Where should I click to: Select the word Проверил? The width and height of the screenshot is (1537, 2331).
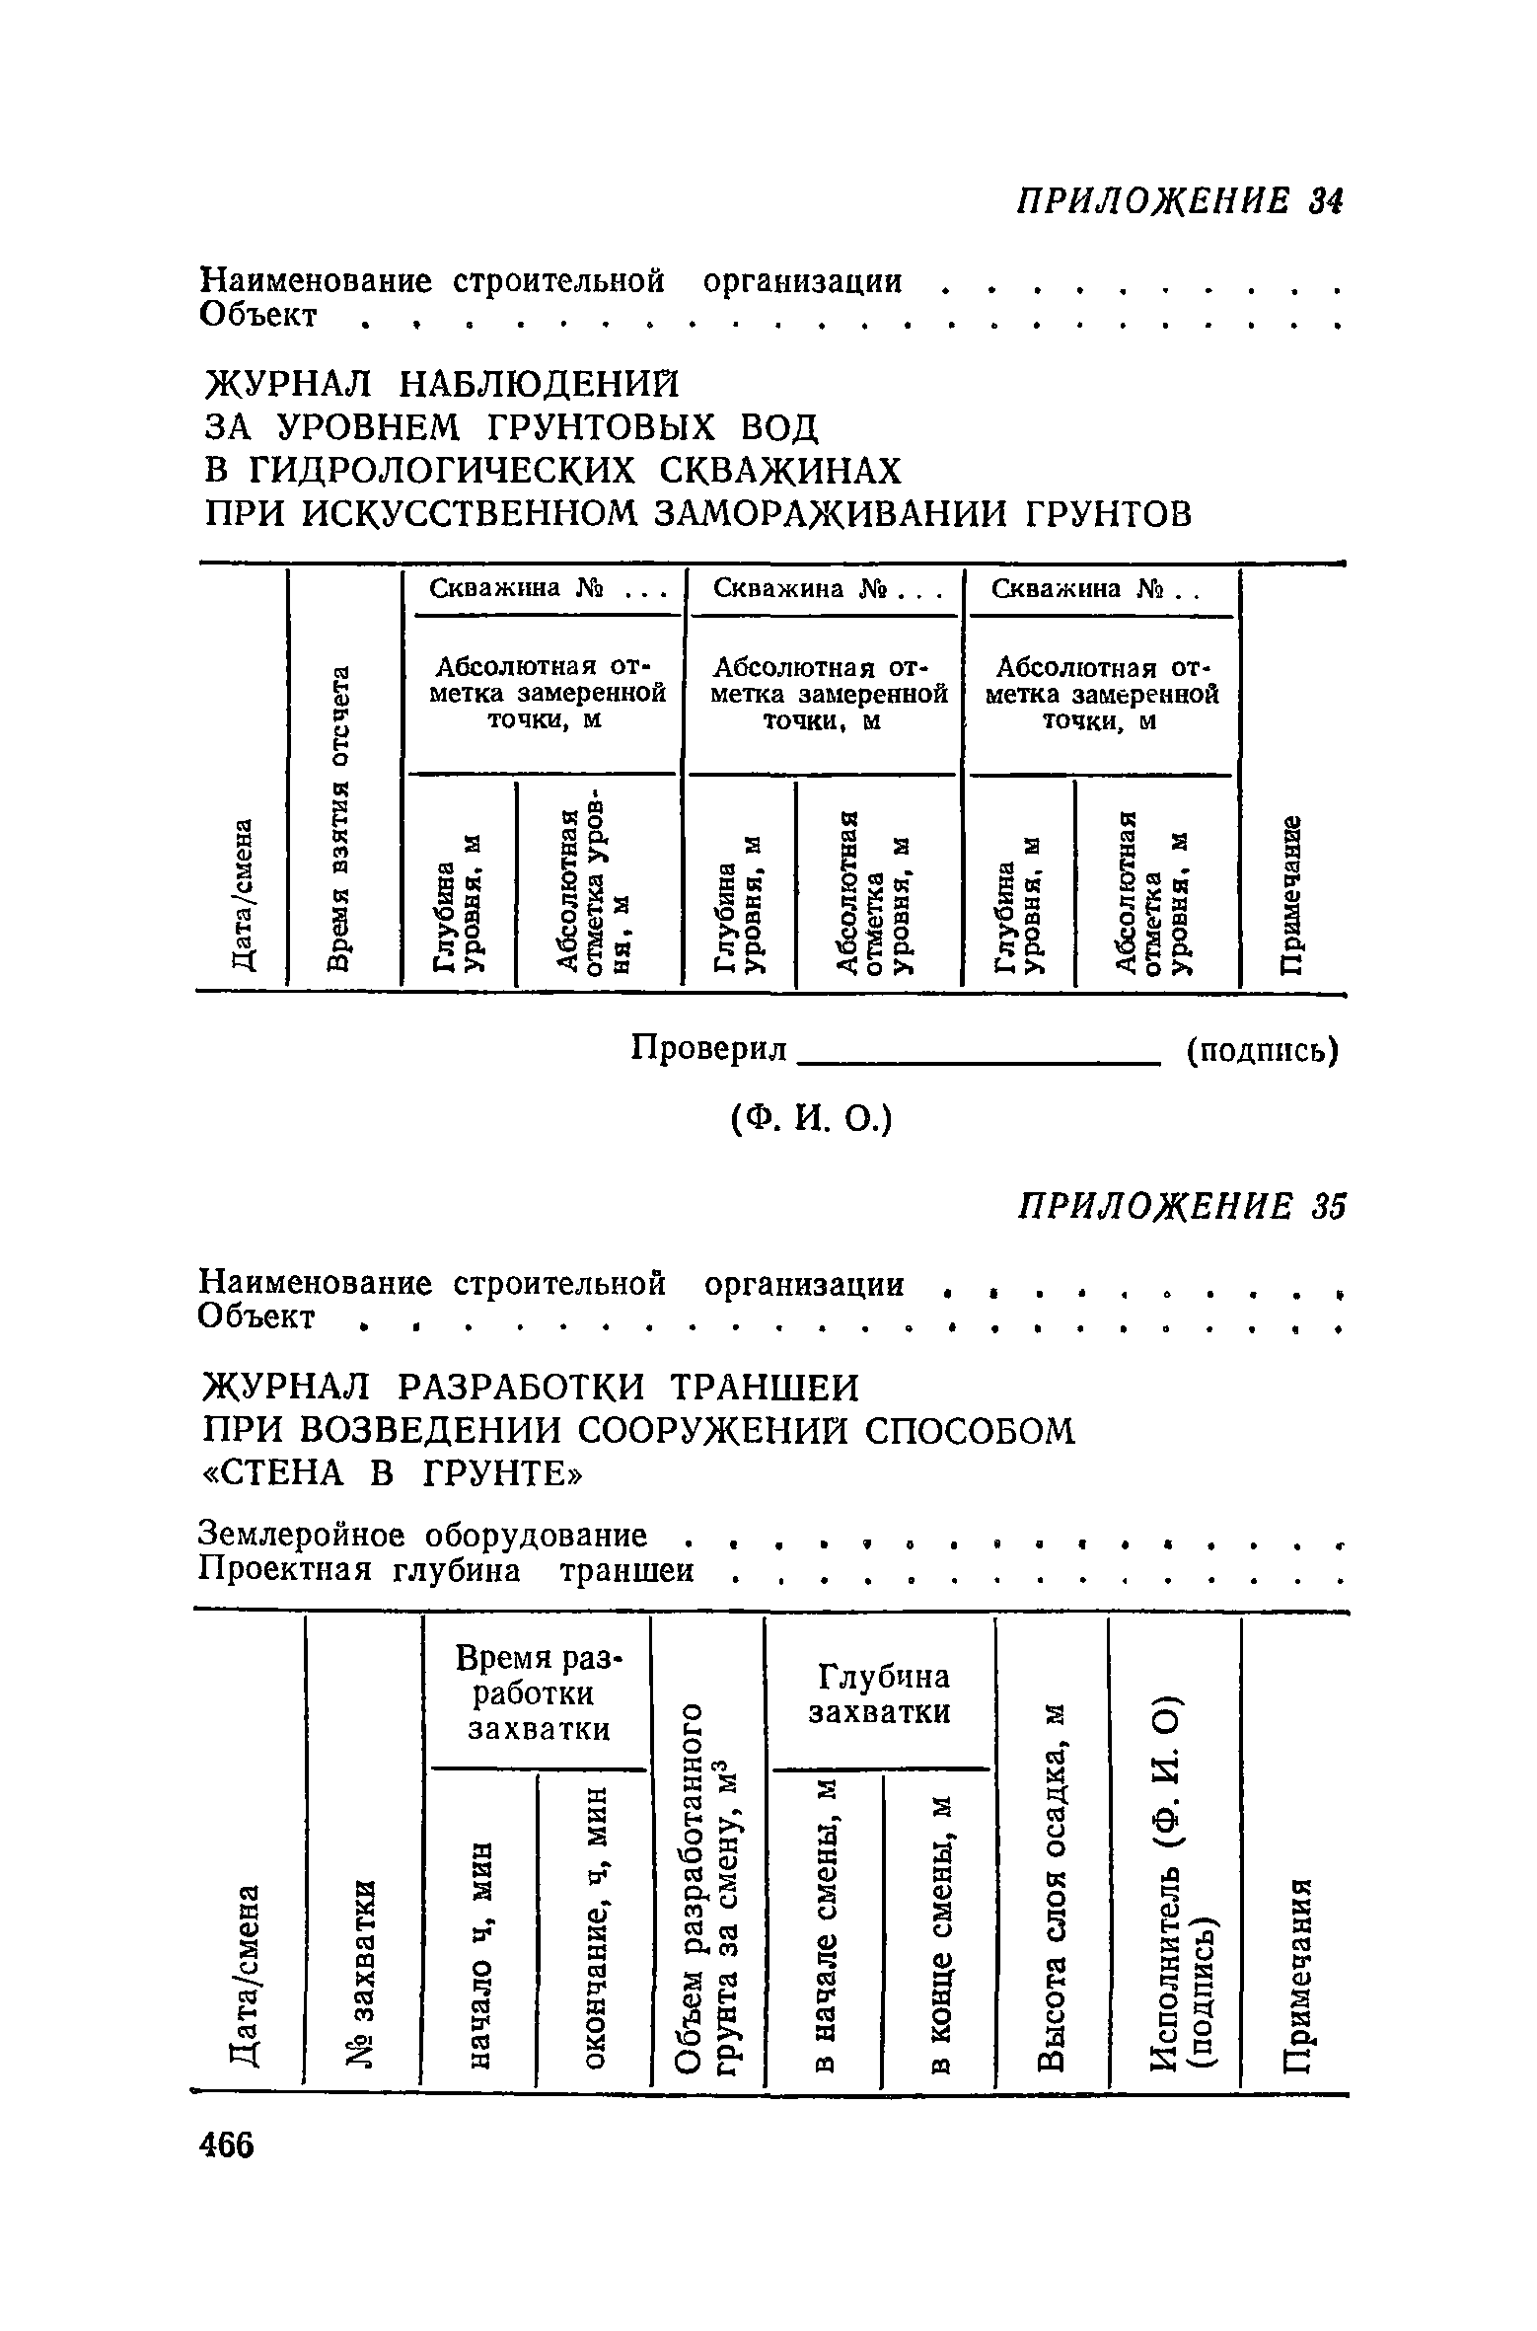point(709,1049)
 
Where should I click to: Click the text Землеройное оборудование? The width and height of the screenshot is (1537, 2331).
point(424,1535)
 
